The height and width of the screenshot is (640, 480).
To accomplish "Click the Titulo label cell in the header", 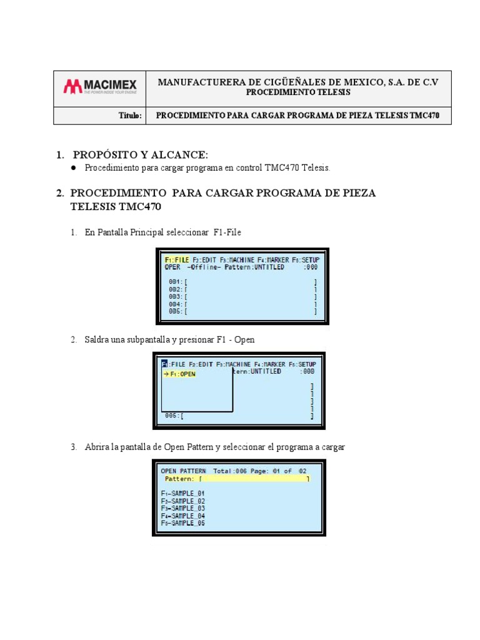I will pos(130,116).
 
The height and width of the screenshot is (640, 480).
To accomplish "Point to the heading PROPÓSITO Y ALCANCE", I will pos(141,154).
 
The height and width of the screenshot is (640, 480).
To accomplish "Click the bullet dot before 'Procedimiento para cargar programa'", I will pos(73,168).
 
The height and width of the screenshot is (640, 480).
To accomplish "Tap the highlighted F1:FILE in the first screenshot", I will pos(176,259).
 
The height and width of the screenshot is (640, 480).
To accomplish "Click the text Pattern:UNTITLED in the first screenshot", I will pos(253,267).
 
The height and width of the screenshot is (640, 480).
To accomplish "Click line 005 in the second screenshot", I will pos(174,415).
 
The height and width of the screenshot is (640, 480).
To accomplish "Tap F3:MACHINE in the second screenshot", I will pos(234,364).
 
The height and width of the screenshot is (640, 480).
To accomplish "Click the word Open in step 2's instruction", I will pos(244,339).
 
